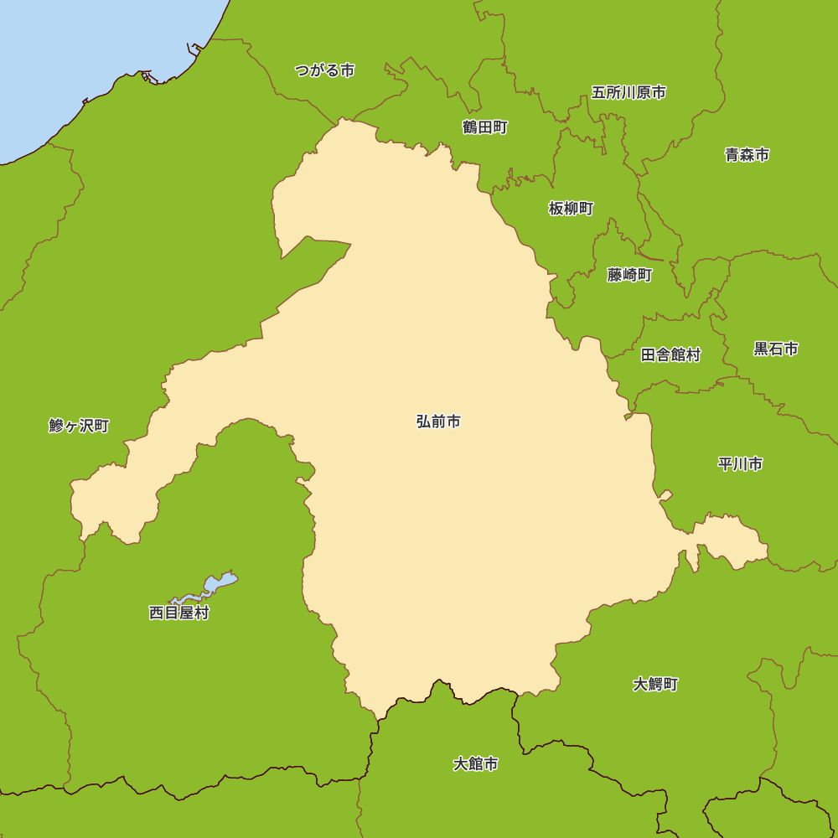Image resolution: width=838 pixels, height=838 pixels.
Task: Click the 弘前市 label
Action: coord(438,422)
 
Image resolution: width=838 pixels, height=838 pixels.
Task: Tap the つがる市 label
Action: coord(324,70)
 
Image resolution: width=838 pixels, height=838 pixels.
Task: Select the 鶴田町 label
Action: coord(484,127)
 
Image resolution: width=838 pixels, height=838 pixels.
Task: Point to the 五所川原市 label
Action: coord(628,92)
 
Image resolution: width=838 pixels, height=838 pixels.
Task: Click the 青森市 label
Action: coord(747,155)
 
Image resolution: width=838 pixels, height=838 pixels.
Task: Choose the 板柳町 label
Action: coord(571,209)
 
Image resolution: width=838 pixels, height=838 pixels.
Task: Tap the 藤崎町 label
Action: coord(629,275)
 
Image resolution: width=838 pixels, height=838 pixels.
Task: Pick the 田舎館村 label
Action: coord(670,354)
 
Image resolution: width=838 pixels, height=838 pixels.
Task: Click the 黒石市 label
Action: coord(775,349)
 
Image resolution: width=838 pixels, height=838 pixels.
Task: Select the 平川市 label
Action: coord(740,464)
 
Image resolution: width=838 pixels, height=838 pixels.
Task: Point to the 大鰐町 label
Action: coord(655,685)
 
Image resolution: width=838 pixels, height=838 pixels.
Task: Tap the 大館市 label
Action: coord(475,764)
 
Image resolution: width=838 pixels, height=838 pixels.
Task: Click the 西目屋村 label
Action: coord(178,613)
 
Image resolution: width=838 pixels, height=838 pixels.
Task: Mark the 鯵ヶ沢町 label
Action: coord(79,426)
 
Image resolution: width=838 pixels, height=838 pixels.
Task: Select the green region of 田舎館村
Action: coord(670,377)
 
